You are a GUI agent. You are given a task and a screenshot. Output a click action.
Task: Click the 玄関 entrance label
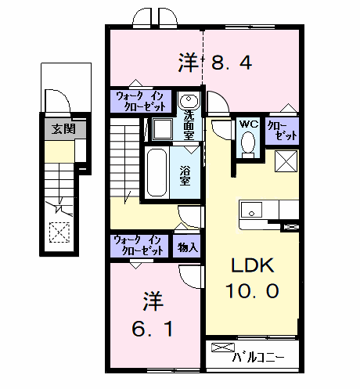(63, 129)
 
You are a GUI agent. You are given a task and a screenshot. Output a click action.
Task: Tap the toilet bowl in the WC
(248, 142)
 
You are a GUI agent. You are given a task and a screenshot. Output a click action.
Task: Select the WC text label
(249, 124)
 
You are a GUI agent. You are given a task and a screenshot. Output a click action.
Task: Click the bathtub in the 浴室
(157, 172)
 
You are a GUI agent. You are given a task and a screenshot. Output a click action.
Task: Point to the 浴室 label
(185, 176)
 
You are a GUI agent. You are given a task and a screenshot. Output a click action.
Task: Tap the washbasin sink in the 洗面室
(188, 100)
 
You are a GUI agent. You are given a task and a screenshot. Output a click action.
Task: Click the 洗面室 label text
(189, 125)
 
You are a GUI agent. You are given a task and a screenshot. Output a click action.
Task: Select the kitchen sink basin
(251, 210)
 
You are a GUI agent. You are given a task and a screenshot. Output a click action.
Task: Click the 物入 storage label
(187, 247)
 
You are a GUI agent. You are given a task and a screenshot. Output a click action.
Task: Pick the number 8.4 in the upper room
(232, 63)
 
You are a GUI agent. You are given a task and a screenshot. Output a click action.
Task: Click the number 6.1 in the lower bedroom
(153, 329)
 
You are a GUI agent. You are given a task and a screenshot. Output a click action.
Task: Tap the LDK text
(253, 265)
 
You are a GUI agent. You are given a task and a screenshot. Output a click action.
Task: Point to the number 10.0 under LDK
(252, 291)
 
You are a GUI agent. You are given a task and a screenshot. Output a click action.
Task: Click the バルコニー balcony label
(257, 357)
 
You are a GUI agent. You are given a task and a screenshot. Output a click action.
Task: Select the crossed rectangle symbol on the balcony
(223, 348)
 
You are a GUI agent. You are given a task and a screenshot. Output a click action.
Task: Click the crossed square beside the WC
(286, 161)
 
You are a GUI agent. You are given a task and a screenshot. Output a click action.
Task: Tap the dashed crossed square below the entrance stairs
(59, 232)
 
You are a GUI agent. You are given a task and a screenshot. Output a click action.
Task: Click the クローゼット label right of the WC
(282, 131)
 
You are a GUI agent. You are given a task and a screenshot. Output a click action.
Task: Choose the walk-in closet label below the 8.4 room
(140, 101)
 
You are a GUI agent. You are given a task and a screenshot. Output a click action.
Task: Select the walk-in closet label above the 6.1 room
(139, 246)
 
